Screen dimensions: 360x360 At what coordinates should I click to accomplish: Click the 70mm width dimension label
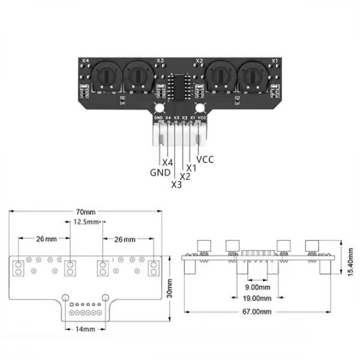[x=86, y=212]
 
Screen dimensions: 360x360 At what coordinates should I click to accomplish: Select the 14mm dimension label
[x=86, y=329]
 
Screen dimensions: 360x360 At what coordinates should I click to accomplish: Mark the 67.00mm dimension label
[x=257, y=312]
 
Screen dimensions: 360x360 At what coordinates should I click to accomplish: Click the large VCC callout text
[x=205, y=159]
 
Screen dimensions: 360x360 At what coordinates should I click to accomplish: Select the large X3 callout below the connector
[x=176, y=185]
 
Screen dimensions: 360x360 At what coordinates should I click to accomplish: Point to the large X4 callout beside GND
[x=167, y=162]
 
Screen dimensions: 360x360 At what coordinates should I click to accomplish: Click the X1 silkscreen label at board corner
[x=274, y=61]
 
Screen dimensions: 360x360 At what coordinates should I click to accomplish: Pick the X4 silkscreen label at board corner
[x=85, y=61]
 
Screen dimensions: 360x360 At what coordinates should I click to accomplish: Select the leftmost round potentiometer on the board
[x=106, y=77]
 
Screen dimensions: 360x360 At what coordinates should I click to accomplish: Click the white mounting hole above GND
[x=159, y=109]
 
